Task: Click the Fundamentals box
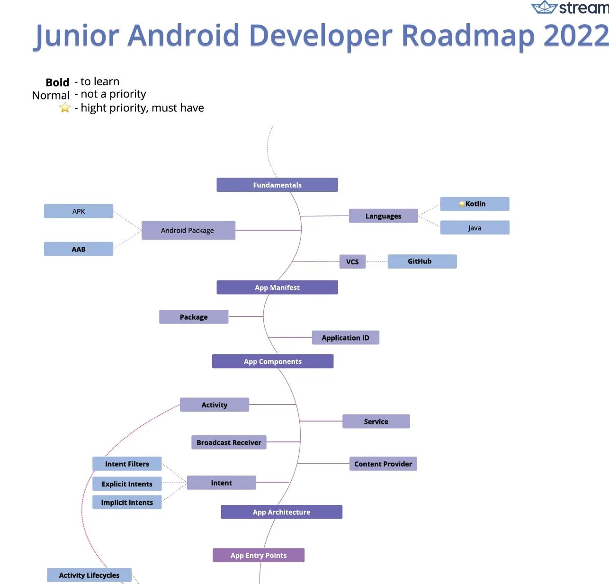[277, 185]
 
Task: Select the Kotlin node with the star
[475, 204]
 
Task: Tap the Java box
[475, 228]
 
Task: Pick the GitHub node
[422, 261]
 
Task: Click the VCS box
[352, 262]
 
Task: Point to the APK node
[79, 211]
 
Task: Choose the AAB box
[79, 249]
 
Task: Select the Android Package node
[188, 230]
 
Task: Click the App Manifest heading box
[277, 288]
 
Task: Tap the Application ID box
[345, 338]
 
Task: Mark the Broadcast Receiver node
[229, 442]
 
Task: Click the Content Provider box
[383, 464]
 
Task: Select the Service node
[376, 422]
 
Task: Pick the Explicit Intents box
[127, 484]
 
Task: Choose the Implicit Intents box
[127, 503]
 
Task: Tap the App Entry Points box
[259, 555]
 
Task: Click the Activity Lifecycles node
[89, 575]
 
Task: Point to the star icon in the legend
[65, 108]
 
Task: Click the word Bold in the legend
[57, 82]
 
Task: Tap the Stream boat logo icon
[544, 8]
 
